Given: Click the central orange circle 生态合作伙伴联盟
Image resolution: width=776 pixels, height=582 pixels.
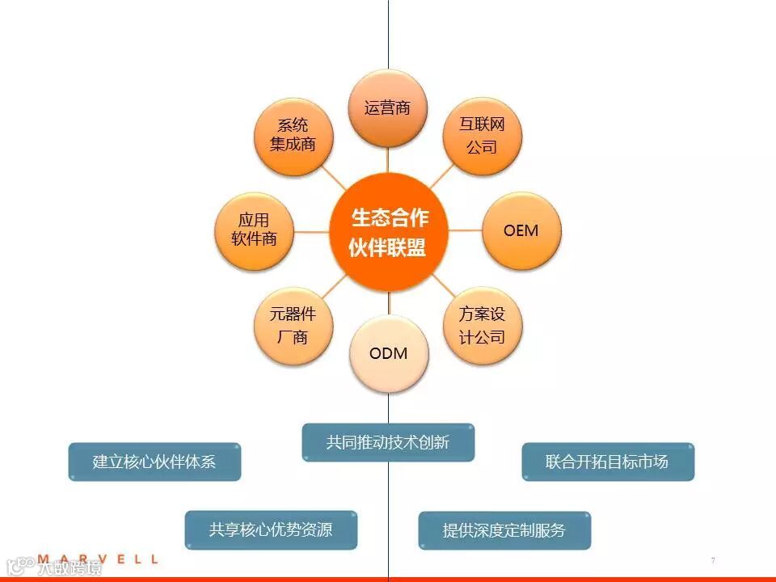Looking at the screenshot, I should click(x=388, y=231).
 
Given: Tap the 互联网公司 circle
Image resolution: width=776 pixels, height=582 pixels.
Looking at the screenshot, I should click(x=483, y=136).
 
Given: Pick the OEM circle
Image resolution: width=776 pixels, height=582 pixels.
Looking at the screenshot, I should click(x=521, y=230).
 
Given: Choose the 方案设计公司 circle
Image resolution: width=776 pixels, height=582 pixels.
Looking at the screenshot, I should click(x=483, y=326).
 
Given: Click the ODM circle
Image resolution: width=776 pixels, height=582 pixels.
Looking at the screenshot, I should click(x=388, y=354).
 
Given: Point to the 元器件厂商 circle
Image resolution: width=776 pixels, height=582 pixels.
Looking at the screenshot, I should click(x=293, y=326).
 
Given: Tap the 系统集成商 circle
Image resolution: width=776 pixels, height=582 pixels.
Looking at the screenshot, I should click(x=293, y=136).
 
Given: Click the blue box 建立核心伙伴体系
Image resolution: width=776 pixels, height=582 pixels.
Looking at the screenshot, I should click(x=154, y=462).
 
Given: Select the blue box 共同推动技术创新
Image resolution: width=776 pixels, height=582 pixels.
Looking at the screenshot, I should click(x=388, y=442).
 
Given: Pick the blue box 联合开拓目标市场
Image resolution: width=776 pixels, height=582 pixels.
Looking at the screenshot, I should click(x=607, y=462).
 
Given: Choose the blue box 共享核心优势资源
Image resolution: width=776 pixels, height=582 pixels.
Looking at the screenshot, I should click(x=271, y=530).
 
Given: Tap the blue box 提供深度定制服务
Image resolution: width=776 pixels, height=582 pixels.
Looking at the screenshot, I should click(x=504, y=530).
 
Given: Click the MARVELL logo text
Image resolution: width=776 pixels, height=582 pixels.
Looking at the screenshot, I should click(x=98, y=559).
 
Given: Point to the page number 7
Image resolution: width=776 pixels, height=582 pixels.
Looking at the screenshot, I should click(x=713, y=560).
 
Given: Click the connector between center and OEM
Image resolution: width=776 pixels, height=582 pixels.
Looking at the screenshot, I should click(x=465, y=230).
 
